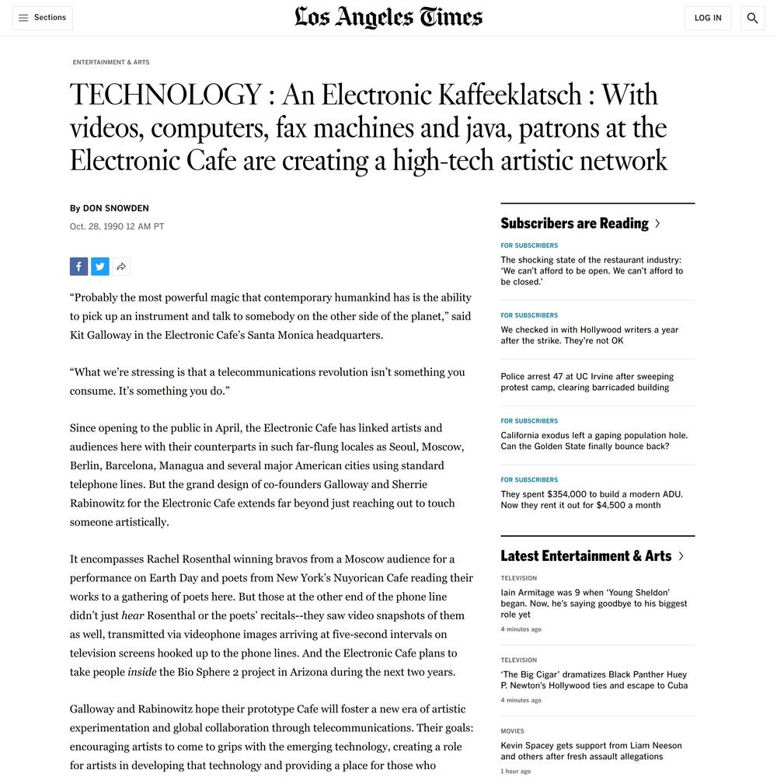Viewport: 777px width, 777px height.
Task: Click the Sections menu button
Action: [43, 18]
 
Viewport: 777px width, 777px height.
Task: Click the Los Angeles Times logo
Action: [388, 18]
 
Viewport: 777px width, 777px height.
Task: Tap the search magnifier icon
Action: [752, 18]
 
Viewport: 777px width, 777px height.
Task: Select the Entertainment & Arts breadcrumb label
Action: [111, 62]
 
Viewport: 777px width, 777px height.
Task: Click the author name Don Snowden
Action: [116, 208]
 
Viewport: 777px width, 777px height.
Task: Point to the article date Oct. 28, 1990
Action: [117, 227]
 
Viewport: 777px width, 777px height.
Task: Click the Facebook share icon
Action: [79, 267]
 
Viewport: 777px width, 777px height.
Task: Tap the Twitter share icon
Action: [100, 267]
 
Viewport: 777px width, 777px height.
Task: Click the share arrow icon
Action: [121, 267]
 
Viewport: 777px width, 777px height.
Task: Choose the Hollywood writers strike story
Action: [590, 335]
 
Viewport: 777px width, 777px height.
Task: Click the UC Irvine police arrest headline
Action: [587, 382]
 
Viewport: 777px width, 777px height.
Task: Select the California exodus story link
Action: [594, 441]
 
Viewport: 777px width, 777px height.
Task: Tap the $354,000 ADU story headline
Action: [591, 500]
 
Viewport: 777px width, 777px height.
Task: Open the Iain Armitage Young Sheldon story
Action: [594, 603]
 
